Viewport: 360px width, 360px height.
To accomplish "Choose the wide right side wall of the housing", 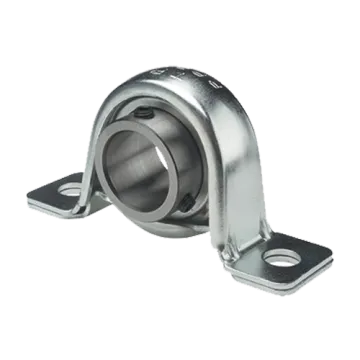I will pos(240,160).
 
